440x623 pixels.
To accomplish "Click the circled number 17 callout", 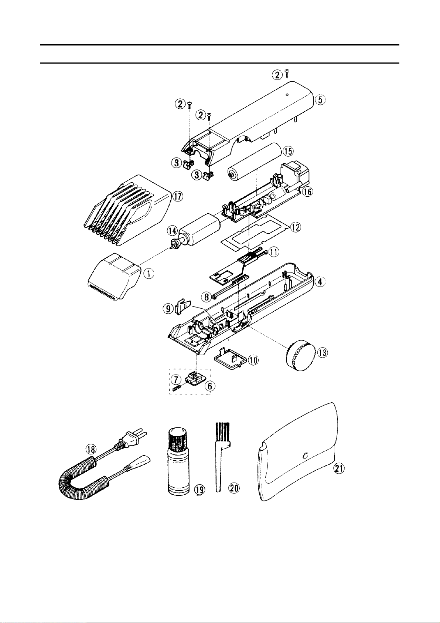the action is (178, 197).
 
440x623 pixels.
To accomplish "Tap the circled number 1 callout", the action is (149, 274).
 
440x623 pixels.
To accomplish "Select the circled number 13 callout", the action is (323, 353).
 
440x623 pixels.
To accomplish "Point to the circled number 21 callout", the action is (339, 468).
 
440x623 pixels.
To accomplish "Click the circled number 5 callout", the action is (320, 99).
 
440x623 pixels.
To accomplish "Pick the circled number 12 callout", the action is (295, 227).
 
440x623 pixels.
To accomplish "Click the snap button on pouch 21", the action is (305, 455).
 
